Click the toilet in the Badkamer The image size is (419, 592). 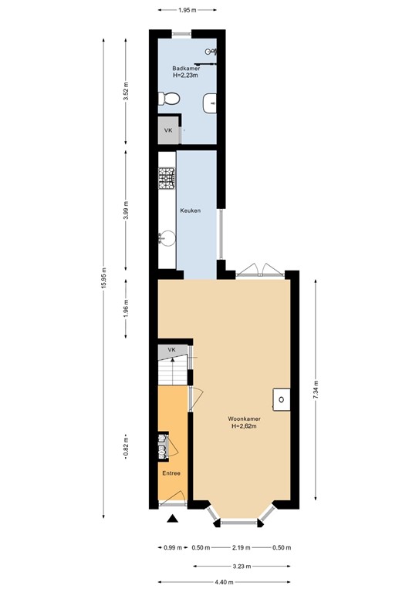[x=170, y=99]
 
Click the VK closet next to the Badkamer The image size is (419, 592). [x=168, y=130]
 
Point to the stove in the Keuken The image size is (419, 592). [x=167, y=180]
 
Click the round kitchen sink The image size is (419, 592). [x=165, y=238]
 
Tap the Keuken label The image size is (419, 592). [x=191, y=210]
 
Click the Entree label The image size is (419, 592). [x=171, y=473]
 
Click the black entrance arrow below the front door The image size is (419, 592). [x=174, y=519]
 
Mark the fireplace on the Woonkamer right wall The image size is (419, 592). [x=282, y=399]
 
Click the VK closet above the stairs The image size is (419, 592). [x=172, y=351]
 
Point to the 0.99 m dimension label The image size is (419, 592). [x=172, y=548]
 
